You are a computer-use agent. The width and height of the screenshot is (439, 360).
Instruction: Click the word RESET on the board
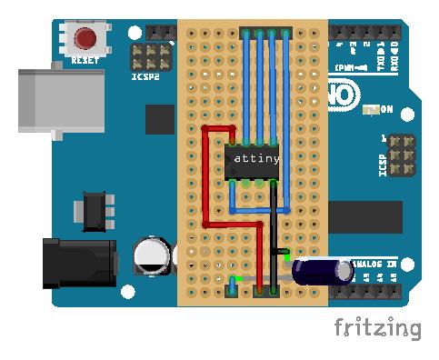(x=85, y=60)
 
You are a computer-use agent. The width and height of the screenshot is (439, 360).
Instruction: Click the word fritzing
(x=376, y=328)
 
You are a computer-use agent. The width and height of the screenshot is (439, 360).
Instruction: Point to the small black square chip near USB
(x=160, y=119)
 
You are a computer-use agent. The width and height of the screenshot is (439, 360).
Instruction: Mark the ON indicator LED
(x=369, y=110)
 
